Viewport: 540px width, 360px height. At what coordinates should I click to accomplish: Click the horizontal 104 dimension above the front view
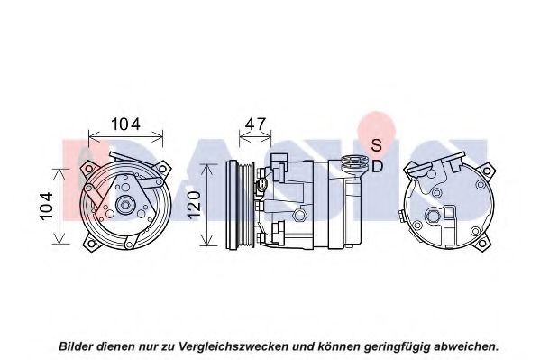pos(125,124)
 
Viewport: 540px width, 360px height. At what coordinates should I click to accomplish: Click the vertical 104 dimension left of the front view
pos(46,206)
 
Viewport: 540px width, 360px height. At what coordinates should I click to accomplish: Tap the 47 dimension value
pos(255,124)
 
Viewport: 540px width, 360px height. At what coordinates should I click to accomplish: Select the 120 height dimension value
pos(194,204)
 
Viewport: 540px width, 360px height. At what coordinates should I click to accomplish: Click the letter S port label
pos(377,145)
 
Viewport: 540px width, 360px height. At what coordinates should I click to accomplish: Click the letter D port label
pos(378,167)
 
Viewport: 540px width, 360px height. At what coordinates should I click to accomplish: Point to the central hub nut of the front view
pos(124,206)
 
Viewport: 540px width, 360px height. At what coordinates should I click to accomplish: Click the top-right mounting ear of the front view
pos(161,169)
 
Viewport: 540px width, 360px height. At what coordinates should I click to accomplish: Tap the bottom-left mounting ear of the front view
pos(91,243)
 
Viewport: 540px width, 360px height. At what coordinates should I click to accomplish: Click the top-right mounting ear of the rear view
pos(486,171)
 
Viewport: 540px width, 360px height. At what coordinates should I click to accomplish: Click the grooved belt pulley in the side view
pos(240,205)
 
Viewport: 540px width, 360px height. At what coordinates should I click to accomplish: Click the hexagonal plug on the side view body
pos(298,215)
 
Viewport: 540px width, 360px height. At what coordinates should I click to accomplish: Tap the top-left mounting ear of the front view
pos(88,169)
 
